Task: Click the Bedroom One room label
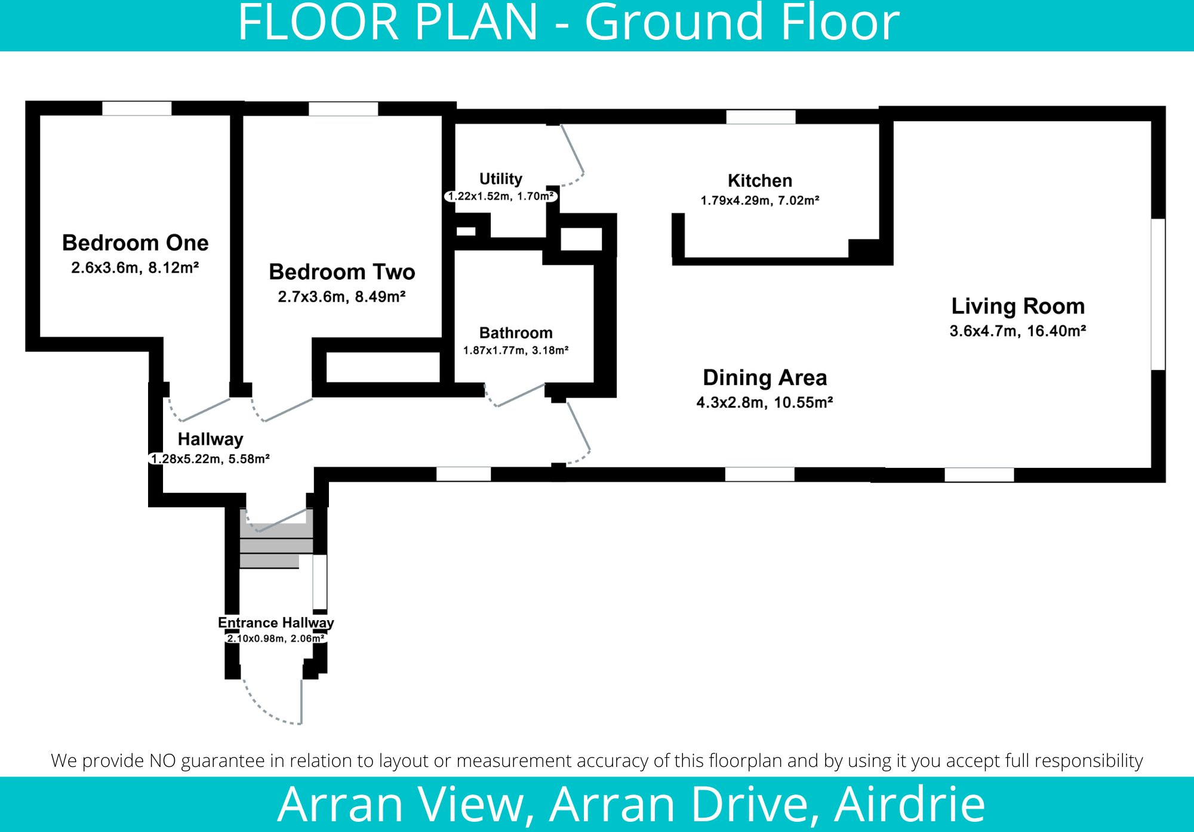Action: (136, 243)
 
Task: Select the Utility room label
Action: (500, 178)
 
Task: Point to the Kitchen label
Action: (759, 180)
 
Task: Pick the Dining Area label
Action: (765, 378)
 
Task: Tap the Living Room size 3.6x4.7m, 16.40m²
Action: (1017, 331)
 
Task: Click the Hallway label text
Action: (210, 439)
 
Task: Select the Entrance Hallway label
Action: (275, 623)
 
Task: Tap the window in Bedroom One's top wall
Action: (137, 109)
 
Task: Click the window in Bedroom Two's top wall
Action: (343, 109)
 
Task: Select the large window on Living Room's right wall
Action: (1158, 294)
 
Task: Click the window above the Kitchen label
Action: (760, 116)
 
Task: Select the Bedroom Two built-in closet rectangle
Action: (383, 367)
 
